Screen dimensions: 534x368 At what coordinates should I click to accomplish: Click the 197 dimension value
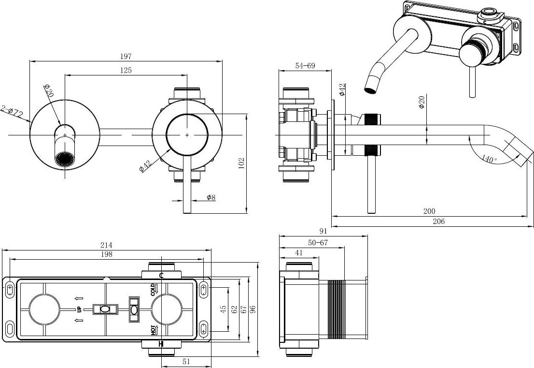[126, 56]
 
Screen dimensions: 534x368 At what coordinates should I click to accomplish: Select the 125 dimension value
[126, 70]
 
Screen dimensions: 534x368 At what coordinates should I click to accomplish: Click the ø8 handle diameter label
[211, 197]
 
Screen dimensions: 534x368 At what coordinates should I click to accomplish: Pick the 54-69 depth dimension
[305, 66]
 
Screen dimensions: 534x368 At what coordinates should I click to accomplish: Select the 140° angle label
[490, 159]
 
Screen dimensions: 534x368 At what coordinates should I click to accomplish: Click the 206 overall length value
[438, 221]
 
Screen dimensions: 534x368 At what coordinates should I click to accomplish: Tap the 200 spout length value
[429, 211]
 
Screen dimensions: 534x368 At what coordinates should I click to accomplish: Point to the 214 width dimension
[106, 245]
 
